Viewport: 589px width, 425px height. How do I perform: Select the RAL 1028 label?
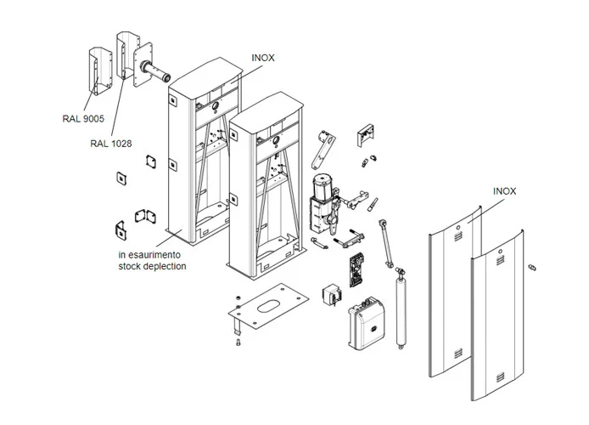(x=110, y=144)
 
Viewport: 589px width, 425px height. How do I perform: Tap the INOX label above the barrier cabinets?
(x=263, y=58)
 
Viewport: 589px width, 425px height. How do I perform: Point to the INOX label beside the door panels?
(x=504, y=192)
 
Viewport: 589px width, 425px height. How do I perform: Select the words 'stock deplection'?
(x=152, y=266)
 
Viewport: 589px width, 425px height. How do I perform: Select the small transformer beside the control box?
(x=329, y=293)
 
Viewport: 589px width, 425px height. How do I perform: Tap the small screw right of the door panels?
(x=532, y=268)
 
